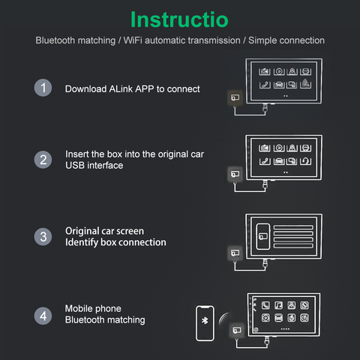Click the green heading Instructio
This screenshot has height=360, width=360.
(179, 19)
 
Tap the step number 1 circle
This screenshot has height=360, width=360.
(43, 88)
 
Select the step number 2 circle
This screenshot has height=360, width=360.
(43, 160)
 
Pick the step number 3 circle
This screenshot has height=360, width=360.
(43, 236)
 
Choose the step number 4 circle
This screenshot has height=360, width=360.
(43, 316)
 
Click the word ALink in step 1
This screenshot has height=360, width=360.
(121, 89)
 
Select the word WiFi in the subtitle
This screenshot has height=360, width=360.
(133, 40)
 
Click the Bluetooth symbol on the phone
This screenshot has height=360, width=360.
(205, 320)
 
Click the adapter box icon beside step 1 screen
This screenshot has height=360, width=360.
(235, 97)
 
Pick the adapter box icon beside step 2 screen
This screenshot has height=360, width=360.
(235, 174)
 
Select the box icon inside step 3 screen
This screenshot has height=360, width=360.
(263, 236)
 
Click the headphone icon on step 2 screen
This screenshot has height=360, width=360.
(305, 161)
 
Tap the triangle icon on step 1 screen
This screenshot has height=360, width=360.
(305, 83)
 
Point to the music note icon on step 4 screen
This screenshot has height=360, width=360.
(278, 305)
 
